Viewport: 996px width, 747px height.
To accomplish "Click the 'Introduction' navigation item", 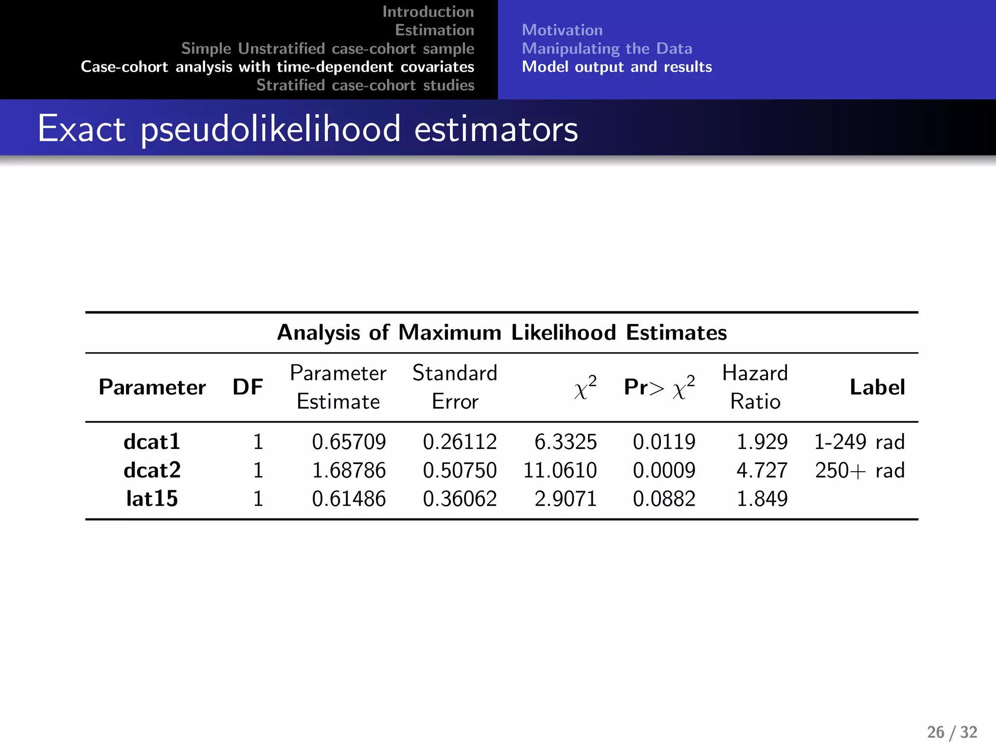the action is (x=428, y=12).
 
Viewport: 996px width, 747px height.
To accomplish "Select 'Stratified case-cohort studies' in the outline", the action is (x=365, y=85).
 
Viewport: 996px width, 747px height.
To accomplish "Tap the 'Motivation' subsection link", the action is (x=562, y=30).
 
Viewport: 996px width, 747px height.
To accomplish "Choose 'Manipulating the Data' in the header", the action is (x=607, y=49).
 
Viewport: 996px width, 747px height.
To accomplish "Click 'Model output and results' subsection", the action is (x=617, y=67).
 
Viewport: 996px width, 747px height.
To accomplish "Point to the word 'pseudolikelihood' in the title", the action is (x=271, y=129).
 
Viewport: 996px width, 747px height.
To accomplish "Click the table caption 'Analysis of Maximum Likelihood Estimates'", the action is (x=502, y=333).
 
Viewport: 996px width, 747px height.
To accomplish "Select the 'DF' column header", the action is (x=248, y=387).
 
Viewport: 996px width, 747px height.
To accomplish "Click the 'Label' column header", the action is (x=877, y=387).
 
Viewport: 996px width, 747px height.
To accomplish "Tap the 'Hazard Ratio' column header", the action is (x=755, y=387).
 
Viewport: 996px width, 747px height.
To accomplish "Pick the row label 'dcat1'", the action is (x=152, y=442).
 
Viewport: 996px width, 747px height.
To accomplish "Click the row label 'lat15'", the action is (x=152, y=498).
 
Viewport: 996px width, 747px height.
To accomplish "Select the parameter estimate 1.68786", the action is (x=349, y=470).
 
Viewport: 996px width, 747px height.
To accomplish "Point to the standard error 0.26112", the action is (x=460, y=442).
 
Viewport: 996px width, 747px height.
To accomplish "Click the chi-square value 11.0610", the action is (x=560, y=470).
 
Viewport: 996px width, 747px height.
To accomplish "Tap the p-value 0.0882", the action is (x=664, y=498).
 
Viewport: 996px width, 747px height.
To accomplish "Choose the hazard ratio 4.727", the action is (x=762, y=470).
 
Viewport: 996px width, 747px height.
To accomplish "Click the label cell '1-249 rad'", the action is (x=859, y=442).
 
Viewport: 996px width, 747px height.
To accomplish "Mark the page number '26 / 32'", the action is (x=952, y=732).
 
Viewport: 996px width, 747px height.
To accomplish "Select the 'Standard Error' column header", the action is (x=455, y=387).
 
